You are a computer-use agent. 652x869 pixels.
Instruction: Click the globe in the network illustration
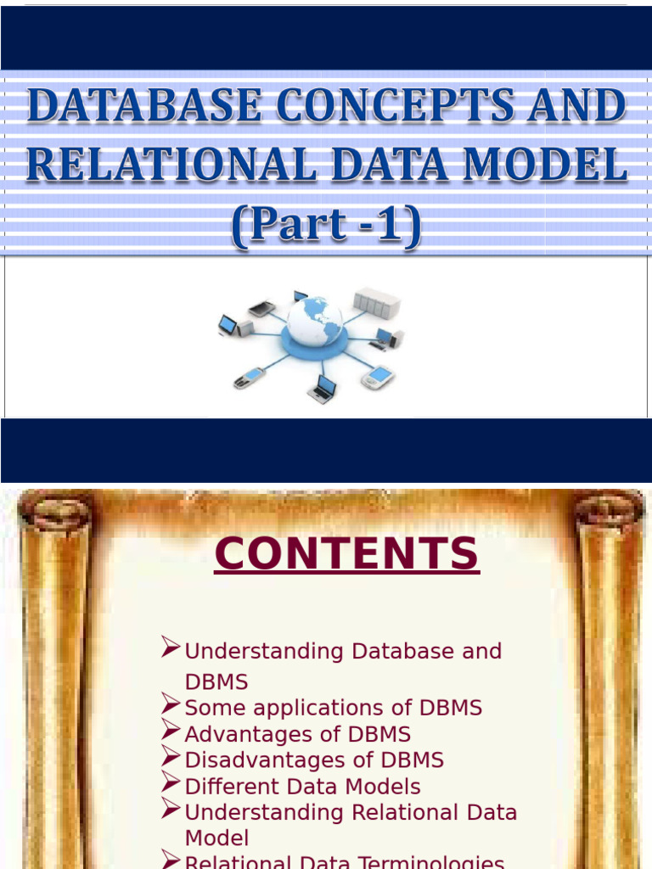click(x=314, y=320)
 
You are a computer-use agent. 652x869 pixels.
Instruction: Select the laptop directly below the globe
click(x=322, y=389)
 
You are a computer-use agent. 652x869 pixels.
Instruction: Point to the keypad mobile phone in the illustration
click(x=249, y=378)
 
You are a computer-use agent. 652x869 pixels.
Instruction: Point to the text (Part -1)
click(x=326, y=226)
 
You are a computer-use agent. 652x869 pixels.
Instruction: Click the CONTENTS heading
click(x=346, y=554)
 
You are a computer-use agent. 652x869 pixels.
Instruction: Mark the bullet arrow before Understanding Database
click(x=171, y=649)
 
